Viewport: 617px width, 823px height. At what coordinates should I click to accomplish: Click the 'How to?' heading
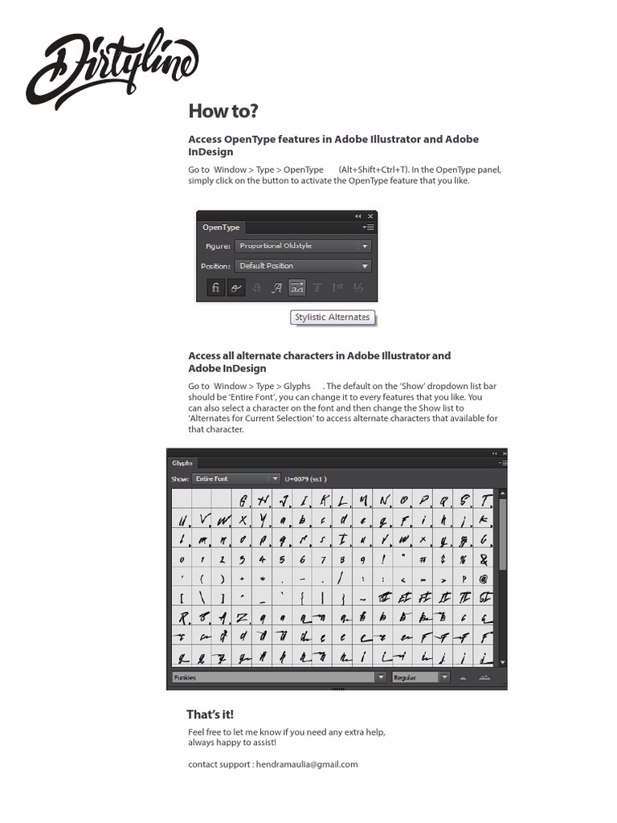pyautogui.click(x=223, y=111)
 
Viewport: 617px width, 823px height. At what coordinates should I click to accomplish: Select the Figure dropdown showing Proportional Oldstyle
pyautogui.click(x=303, y=246)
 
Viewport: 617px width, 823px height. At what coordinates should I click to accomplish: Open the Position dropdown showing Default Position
pyautogui.click(x=303, y=266)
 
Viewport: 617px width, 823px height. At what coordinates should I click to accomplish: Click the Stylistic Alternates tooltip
pyautogui.click(x=332, y=317)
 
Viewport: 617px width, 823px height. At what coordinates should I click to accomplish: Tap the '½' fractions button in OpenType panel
pyautogui.click(x=358, y=288)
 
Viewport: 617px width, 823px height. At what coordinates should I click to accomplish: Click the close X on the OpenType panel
pyautogui.click(x=370, y=216)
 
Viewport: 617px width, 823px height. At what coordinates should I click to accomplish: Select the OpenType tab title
pyautogui.click(x=221, y=228)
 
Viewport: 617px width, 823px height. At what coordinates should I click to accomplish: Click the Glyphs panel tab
pyautogui.click(x=182, y=463)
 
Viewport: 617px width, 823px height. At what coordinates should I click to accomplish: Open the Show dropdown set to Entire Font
pyautogui.click(x=235, y=479)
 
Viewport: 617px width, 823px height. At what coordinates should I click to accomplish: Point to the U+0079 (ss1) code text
pyautogui.click(x=305, y=479)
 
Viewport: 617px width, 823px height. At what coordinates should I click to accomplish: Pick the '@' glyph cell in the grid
pyautogui.click(x=484, y=579)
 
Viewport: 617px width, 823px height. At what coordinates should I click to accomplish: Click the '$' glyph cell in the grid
pyautogui.click(x=443, y=559)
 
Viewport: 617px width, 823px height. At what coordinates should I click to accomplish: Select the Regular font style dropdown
pyautogui.click(x=420, y=678)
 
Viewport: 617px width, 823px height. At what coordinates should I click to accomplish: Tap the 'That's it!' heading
pyautogui.click(x=210, y=714)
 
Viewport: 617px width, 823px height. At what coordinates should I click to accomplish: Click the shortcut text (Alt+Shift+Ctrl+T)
pyautogui.click(x=373, y=170)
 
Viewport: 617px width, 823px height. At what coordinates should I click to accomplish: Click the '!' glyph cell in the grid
pyautogui.click(x=383, y=559)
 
